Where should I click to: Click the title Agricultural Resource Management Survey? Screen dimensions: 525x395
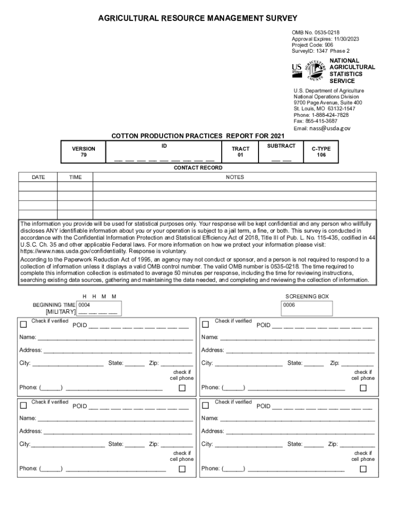[x=197, y=18]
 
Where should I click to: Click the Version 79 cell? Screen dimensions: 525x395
[x=83, y=152]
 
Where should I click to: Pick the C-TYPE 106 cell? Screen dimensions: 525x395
[x=321, y=152]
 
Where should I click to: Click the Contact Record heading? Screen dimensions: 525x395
[x=197, y=168]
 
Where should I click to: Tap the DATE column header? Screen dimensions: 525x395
[x=38, y=177]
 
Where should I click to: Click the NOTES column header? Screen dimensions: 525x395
[x=235, y=177]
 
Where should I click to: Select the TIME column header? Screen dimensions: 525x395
[x=75, y=177]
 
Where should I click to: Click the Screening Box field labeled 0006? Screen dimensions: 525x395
[x=307, y=308]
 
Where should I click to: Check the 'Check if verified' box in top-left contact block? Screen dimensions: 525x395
[x=23, y=324]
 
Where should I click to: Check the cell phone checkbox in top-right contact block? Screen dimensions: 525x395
[x=363, y=388]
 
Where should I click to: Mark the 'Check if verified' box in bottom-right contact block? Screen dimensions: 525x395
[x=205, y=406]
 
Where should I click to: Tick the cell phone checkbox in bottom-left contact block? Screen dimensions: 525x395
[x=182, y=469]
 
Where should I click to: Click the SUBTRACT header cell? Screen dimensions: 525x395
[x=281, y=146]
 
